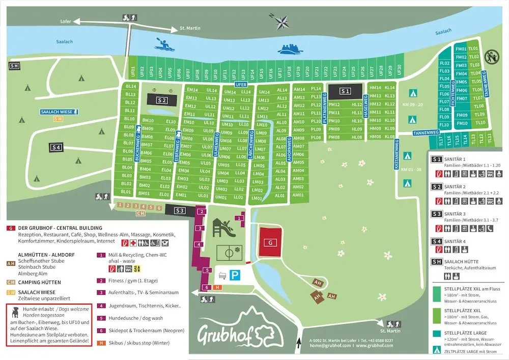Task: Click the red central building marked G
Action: pyautogui.click(x=269, y=242)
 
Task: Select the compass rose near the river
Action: pyautogui.click(x=281, y=22)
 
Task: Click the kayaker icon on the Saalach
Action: pyautogui.click(x=165, y=45)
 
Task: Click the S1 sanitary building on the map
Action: pyautogui.click(x=346, y=91)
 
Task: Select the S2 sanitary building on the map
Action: pyautogui.click(x=162, y=100)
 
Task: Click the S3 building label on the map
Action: pyautogui.click(x=180, y=210)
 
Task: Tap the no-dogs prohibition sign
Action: pyautogui.click(x=491, y=54)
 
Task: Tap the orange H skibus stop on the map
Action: pyautogui.click(x=218, y=287)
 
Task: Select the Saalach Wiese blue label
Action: pyautogui.click(x=59, y=111)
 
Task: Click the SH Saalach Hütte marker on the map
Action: pyautogui.click(x=14, y=66)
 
